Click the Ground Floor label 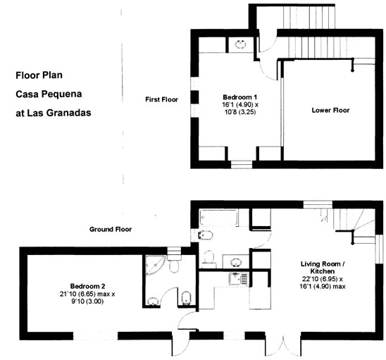(111, 230)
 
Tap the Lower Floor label (330, 111)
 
